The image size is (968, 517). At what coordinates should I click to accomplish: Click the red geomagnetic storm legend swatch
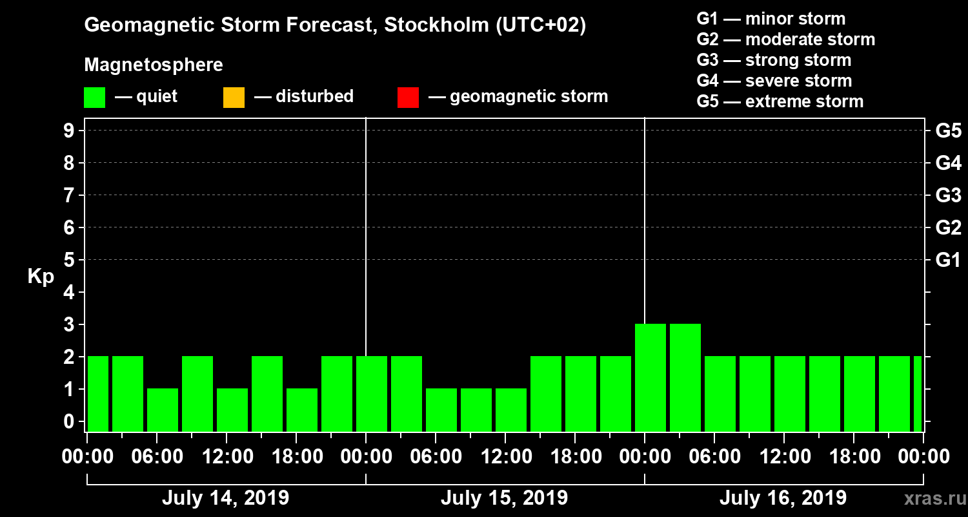408,98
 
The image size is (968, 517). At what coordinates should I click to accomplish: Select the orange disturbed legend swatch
234,98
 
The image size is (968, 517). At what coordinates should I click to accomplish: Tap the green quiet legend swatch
94,98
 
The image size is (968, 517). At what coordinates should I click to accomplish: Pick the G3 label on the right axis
948,195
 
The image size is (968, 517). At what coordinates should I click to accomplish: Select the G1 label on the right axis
948,260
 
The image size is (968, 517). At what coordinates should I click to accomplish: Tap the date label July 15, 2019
504,498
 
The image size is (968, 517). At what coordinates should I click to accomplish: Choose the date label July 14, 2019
225,498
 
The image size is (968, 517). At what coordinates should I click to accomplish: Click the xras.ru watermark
929,498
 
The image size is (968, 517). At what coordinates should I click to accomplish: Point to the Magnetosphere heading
154,65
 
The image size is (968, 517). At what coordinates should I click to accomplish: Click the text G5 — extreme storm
780,101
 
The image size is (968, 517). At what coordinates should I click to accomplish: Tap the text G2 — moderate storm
785,39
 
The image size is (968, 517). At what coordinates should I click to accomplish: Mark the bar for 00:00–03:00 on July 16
650,377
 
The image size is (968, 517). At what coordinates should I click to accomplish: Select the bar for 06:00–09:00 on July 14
163,410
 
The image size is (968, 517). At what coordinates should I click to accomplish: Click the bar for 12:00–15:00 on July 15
511,410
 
